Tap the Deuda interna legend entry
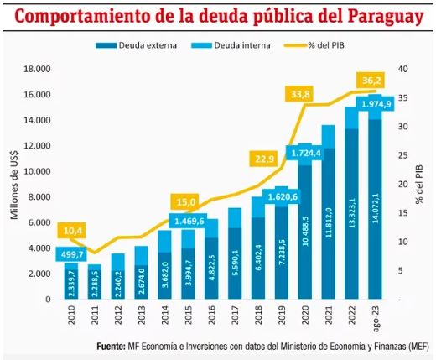click(x=236, y=45)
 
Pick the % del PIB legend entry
click(x=321, y=45)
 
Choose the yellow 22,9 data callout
click(x=262, y=159)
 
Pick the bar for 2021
click(x=328, y=218)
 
